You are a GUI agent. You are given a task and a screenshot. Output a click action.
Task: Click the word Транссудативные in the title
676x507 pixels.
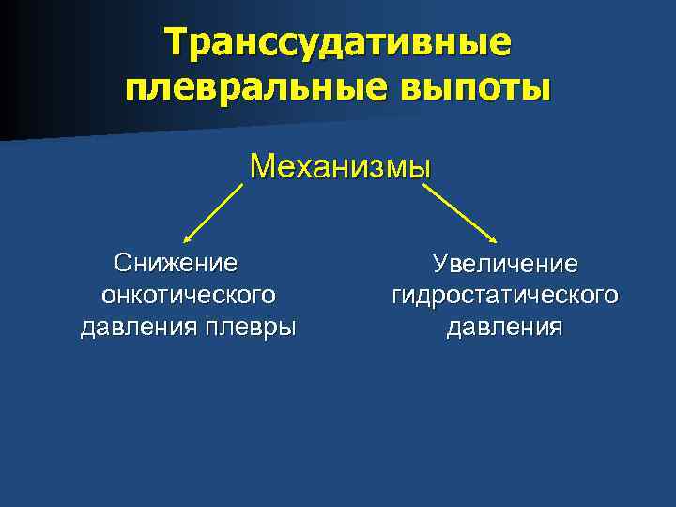(338, 41)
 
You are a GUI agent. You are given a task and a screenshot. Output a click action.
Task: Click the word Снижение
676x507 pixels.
(175, 260)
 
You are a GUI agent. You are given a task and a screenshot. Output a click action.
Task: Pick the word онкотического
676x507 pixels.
(188, 294)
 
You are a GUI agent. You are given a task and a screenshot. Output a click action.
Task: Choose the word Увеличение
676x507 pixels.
(504, 263)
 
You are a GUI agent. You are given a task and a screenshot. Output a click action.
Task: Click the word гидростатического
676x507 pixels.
(505, 295)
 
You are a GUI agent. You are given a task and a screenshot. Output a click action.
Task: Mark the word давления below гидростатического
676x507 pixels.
(504, 328)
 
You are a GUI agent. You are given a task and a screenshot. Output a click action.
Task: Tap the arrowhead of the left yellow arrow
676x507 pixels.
(188, 240)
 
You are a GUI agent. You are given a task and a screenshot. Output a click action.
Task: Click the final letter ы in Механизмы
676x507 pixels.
(420, 168)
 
